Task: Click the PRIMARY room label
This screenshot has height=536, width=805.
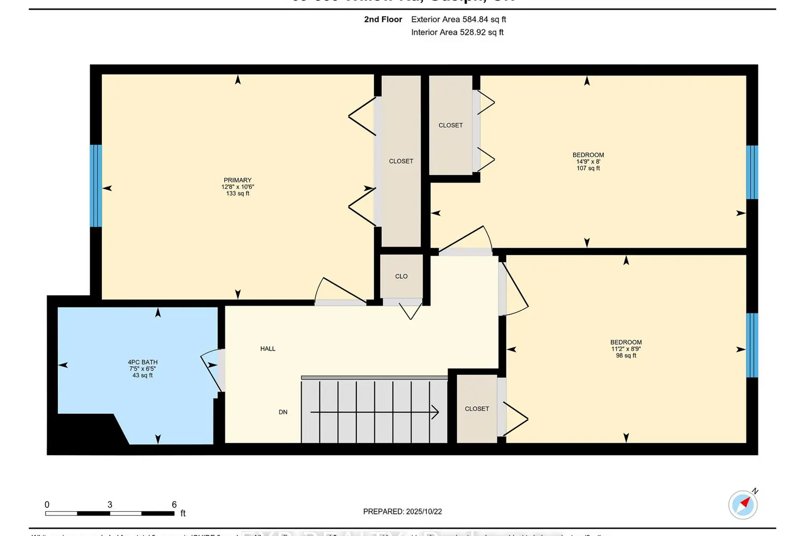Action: coord(237,181)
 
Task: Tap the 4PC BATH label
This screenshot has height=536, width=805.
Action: coord(143,362)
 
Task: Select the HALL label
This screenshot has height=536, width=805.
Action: coord(268,349)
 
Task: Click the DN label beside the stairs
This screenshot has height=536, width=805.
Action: coord(283,412)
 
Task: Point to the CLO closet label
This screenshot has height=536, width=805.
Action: coord(401,277)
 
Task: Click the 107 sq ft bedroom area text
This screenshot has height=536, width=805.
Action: coord(588,168)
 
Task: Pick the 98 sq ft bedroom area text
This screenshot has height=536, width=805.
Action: coord(626,355)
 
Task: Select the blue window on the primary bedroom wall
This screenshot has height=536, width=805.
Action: coord(96,185)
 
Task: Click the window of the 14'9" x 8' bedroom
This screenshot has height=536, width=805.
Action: coord(752,172)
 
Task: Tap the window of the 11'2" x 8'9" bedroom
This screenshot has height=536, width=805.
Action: coord(752,345)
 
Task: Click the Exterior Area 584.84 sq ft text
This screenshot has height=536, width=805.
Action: coord(458,19)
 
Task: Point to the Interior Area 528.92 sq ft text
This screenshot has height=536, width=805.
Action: coord(457,32)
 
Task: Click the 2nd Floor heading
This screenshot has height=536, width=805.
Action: coord(383,19)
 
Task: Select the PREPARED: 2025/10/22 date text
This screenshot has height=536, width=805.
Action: coord(402,512)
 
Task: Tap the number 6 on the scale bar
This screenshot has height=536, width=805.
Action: coord(174,505)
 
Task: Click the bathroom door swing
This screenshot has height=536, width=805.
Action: coord(212,370)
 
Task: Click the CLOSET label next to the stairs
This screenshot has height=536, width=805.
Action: coord(477,409)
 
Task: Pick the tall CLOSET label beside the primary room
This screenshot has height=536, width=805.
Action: coord(401,161)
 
